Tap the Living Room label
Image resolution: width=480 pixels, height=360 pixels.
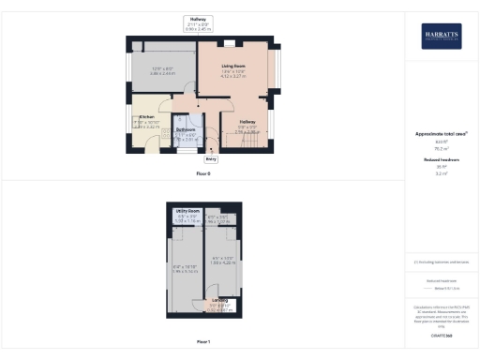coord(233,65)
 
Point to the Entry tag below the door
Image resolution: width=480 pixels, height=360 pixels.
coord(211,159)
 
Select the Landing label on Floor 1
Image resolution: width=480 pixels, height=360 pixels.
coord(219,300)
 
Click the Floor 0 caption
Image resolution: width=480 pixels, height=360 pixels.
coord(203,174)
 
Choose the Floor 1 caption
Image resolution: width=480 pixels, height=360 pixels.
coord(203,341)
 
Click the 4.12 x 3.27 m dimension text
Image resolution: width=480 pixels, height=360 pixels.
coord(233,76)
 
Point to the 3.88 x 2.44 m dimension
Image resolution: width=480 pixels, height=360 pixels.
coord(163,73)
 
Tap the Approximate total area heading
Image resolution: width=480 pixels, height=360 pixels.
coord(441,134)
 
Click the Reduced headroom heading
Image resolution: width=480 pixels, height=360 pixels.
coord(441,161)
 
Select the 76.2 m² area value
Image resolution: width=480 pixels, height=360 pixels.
coord(441,148)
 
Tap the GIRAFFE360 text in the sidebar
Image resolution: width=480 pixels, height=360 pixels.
coord(441,335)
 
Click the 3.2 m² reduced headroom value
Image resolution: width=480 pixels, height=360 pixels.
coord(441,174)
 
